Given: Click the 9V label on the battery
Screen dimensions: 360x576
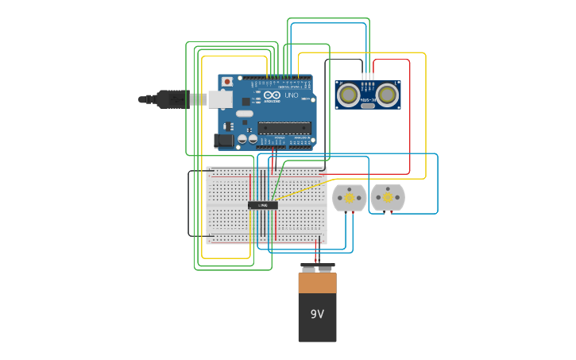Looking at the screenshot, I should (x=317, y=314).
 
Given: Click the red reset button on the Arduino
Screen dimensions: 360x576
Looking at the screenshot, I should (x=227, y=81).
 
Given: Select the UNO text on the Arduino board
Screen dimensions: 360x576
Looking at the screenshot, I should (x=292, y=95).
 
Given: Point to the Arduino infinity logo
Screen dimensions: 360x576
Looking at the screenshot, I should (x=272, y=95).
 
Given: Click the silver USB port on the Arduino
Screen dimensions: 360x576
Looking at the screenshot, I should (x=220, y=99).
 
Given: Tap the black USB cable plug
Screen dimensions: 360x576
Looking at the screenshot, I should (x=171, y=99).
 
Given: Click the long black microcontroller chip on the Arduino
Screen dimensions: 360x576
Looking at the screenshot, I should (x=284, y=127).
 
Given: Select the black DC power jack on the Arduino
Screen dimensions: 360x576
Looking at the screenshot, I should (x=224, y=141).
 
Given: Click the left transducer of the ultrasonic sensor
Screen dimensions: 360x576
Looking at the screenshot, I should (x=348, y=95).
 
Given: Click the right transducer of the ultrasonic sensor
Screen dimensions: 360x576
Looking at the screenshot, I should (x=387, y=95).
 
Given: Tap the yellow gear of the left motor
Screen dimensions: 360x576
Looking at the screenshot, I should (x=349, y=197).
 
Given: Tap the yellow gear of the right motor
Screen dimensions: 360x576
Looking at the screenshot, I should (x=388, y=197).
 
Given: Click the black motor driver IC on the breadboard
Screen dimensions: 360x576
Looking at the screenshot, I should (x=263, y=205).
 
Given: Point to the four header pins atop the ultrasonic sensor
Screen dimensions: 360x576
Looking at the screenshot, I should (x=368, y=78).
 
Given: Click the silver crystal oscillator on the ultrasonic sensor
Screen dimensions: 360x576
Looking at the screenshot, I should (x=368, y=105).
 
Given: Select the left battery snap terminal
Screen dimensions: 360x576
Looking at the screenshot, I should (x=308, y=269).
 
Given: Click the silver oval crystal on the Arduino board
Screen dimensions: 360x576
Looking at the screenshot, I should (x=244, y=114).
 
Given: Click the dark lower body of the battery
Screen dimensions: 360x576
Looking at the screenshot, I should (x=317, y=326).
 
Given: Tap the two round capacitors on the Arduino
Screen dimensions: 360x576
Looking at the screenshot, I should (x=248, y=139).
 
